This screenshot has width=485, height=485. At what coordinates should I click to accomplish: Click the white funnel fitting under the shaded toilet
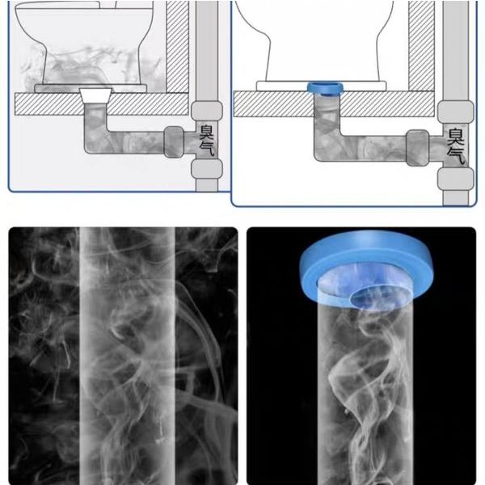[95, 95]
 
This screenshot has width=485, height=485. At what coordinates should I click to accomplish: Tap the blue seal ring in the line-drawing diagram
[325, 88]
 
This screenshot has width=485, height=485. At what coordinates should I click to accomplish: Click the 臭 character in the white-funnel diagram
[207, 132]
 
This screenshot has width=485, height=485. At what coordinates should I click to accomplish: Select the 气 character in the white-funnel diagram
[207, 149]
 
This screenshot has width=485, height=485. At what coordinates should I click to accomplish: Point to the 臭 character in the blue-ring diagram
[456, 137]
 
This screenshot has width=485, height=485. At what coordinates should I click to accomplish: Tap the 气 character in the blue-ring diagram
[456, 155]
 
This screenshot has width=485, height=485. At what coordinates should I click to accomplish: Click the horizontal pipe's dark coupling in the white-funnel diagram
[174, 142]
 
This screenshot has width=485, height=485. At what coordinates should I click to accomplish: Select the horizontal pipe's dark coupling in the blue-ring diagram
[418, 148]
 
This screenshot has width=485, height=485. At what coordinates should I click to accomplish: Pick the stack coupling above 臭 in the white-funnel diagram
[207, 111]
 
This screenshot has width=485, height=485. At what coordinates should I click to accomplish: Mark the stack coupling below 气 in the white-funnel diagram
[207, 169]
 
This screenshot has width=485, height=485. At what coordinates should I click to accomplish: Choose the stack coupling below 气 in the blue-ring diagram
[455, 179]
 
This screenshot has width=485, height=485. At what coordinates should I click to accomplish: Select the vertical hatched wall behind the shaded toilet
[177, 46]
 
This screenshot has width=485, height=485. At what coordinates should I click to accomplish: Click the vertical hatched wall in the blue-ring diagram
[421, 46]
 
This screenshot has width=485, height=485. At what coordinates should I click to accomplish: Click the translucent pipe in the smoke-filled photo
[127, 356]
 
